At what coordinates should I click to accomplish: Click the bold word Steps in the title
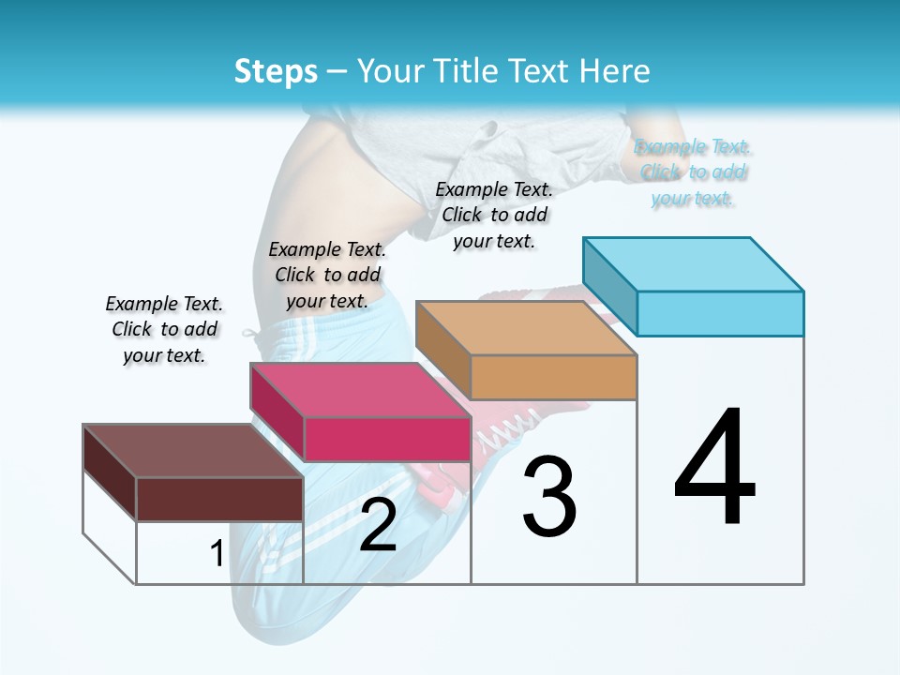(x=276, y=71)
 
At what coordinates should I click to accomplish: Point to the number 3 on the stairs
(x=549, y=497)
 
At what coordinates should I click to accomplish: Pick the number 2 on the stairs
(x=378, y=525)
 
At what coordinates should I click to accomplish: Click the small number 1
(x=217, y=554)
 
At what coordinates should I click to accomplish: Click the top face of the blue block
(x=694, y=263)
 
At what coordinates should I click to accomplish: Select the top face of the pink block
(x=361, y=389)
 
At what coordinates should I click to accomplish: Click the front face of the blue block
(x=720, y=313)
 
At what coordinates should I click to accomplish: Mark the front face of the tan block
(x=553, y=377)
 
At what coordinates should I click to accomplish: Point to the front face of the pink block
(x=387, y=439)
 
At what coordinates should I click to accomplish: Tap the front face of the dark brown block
(x=219, y=499)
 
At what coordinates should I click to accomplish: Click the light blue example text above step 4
(x=694, y=172)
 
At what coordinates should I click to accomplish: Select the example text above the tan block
(x=494, y=215)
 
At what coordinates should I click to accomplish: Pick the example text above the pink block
(x=327, y=275)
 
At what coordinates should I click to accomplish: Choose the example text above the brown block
(x=164, y=329)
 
